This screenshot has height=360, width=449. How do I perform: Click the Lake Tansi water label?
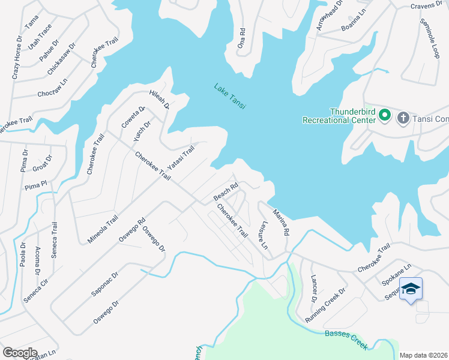[x=231, y=95]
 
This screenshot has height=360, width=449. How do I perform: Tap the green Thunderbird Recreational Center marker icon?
[x=384, y=113]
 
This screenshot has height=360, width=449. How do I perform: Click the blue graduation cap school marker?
[x=411, y=289]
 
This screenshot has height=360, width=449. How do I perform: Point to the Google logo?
[x=20, y=353]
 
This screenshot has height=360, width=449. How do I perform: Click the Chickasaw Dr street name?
[x=62, y=58]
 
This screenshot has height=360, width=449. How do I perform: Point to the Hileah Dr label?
[x=160, y=100]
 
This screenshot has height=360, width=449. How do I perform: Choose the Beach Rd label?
[x=226, y=192]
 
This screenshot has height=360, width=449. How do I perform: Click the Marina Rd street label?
[x=281, y=221]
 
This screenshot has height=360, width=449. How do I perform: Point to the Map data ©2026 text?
[x=423, y=355]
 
